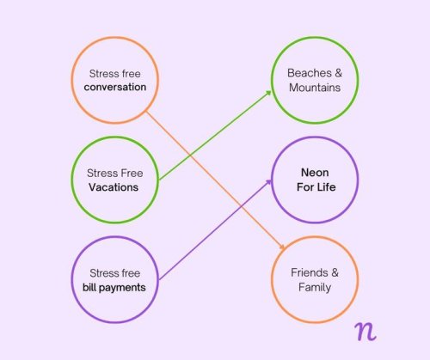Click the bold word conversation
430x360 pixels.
click(115, 87)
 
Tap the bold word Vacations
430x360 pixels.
click(114, 187)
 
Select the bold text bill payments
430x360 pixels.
click(114, 288)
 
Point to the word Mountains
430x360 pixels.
click(315, 88)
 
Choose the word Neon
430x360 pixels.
click(315, 173)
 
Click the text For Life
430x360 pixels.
click(316, 187)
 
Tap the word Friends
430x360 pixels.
click(309, 272)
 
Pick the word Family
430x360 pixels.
click(315, 287)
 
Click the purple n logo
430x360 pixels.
click(365, 332)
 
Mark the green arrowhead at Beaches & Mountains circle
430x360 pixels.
click(268, 93)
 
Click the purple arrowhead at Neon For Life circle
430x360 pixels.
click(268, 181)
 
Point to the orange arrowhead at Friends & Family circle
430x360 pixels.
click(282, 247)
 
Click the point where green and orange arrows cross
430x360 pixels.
click(190, 156)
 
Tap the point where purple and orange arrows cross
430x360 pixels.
click(241, 206)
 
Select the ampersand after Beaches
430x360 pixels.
click(339, 73)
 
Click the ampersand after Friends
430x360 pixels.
click(335, 272)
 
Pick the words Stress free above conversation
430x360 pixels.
click(115, 74)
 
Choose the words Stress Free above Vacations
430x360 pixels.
click(115, 174)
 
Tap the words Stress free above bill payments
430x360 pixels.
click(115, 273)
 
